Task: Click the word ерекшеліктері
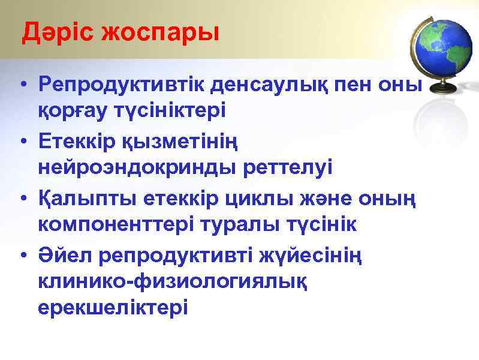point(113,307)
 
